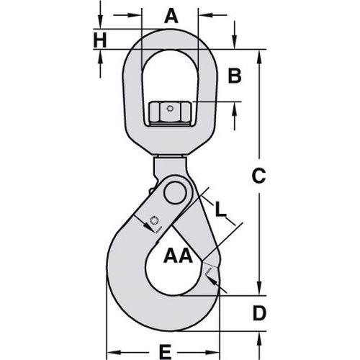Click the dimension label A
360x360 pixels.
point(170,14)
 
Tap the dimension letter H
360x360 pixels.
point(100,40)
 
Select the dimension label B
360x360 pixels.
point(235,76)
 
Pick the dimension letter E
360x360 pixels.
point(164,351)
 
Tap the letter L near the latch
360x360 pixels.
point(222,210)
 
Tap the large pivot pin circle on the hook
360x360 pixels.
point(173,193)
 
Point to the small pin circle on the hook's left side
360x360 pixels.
point(153,220)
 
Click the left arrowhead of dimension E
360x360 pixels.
point(111,351)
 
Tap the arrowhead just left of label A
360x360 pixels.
point(137,14)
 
